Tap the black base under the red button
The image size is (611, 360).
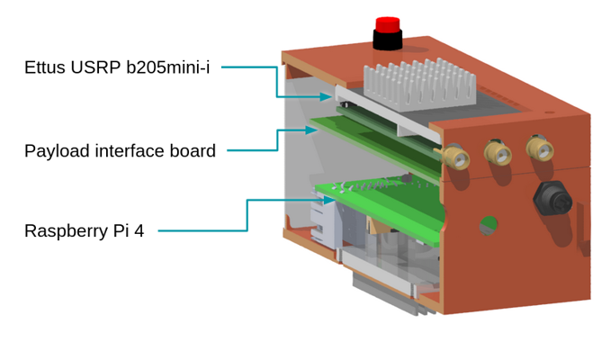(x=388, y=40)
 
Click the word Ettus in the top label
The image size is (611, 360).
(x=45, y=68)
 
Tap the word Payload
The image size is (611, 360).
(x=55, y=151)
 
